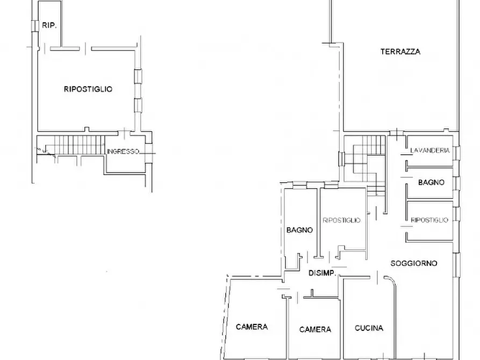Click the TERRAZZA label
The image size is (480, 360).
[x=400, y=52]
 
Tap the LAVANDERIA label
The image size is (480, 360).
[x=430, y=150]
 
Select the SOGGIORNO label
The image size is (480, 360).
[x=414, y=263]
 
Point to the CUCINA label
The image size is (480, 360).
[x=369, y=328]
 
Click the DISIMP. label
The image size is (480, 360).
[x=323, y=273]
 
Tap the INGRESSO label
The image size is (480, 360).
[x=123, y=151]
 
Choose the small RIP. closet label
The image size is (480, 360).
[x=49, y=25]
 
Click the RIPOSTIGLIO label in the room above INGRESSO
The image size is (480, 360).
[x=88, y=89]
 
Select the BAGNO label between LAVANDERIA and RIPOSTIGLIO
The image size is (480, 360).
[x=431, y=183]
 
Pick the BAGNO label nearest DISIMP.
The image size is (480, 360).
[x=300, y=230]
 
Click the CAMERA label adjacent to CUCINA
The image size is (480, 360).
[x=316, y=329]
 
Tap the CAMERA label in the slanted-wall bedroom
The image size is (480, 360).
[x=252, y=327]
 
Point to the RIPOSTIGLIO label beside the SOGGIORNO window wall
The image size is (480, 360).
[x=429, y=220]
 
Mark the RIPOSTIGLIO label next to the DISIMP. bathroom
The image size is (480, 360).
[x=342, y=220]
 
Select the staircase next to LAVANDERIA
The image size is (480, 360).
[x=365, y=165]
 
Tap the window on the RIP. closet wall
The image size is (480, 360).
[x=34, y=26]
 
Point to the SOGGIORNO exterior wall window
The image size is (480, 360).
[x=457, y=265]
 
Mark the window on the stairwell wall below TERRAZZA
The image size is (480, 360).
[x=341, y=159]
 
